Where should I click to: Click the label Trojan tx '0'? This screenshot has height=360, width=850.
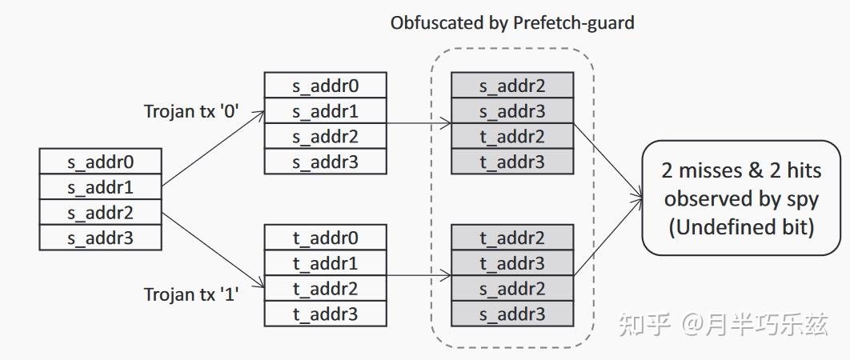[x=191, y=111]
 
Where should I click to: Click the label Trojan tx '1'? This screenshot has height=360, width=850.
[x=191, y=294]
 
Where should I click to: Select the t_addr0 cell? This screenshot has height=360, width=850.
[x=325, y=238]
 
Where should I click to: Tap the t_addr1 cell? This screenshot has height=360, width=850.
[x=325, y=263]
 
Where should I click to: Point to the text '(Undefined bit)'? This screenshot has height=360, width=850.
[x=741, y=226]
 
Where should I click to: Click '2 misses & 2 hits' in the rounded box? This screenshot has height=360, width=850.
[x=741, y=170]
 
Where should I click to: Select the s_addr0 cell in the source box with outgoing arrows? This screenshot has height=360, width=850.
[x=100, y=162]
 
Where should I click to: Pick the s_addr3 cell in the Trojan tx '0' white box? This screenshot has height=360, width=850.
[x=325, y=162]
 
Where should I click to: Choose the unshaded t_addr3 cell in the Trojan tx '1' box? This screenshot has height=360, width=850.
[x=325, y=314]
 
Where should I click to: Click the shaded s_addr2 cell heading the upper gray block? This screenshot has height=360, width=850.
[x=512, y=86]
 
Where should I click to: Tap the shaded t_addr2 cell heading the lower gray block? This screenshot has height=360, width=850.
[x=512, y=238]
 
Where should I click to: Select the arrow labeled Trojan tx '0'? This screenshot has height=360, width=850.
[x=213, y=149]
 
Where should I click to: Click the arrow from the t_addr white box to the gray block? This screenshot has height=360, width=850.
[x=419, y=276]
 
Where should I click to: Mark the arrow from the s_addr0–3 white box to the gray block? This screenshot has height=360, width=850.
[x=419, y=124]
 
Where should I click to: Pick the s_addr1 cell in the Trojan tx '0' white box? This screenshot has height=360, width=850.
[x=325, y=111]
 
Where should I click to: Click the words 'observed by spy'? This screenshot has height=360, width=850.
[x=741, y=198]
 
